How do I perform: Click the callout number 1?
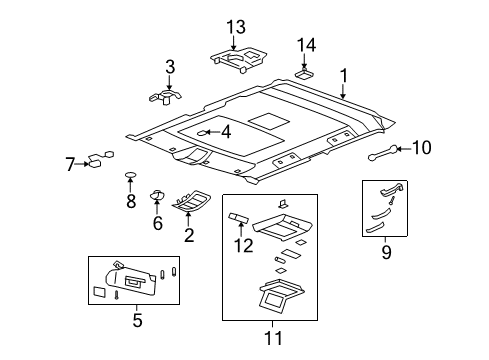(344, 75)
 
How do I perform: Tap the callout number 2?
(188, 235)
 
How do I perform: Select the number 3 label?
(170, 67)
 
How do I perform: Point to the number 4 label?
(225, 131)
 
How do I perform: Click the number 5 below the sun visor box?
(137, 320)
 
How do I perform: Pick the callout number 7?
(71, 164)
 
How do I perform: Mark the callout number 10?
(422, 149)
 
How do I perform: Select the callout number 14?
(306, 44)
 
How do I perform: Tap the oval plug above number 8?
(130, 178)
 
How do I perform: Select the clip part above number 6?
(158, 194)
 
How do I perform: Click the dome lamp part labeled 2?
(191, 204)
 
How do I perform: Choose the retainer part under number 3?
(164, 97)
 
